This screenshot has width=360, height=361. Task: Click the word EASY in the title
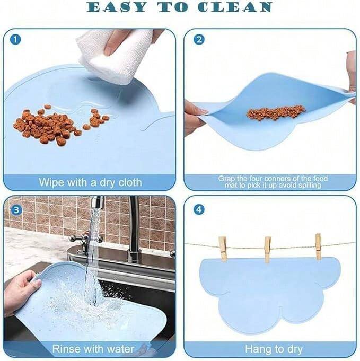click(117, 7)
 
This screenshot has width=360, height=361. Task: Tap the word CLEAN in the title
click(235, 7)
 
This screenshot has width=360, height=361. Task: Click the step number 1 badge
click(15, 40)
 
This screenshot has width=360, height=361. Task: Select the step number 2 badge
click(199, 40)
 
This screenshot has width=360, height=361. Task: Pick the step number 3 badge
click(16, 210)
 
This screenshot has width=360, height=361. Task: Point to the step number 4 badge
click(199, 209)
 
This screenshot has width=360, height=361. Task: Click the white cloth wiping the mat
click(115, 56)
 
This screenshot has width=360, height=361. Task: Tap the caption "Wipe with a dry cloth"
click(90, 182)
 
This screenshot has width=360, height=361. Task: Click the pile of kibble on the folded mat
click(276, 112)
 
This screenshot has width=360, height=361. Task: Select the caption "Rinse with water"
click(93, 349)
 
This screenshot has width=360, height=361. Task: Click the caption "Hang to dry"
click(274, 349)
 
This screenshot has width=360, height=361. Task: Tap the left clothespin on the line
click(223, 249)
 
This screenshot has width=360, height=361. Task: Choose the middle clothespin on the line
click(267, 250)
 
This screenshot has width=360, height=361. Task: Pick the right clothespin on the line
click(318, 246)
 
